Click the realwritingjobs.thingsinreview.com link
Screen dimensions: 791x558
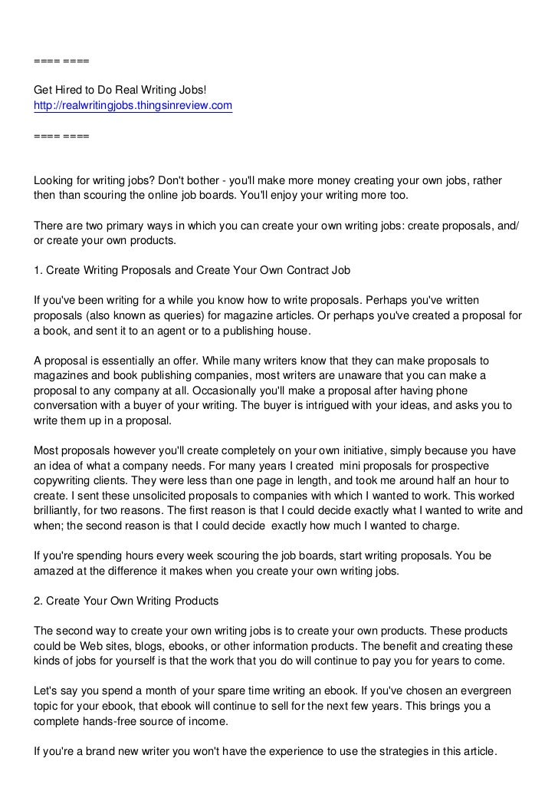(133, 105)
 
